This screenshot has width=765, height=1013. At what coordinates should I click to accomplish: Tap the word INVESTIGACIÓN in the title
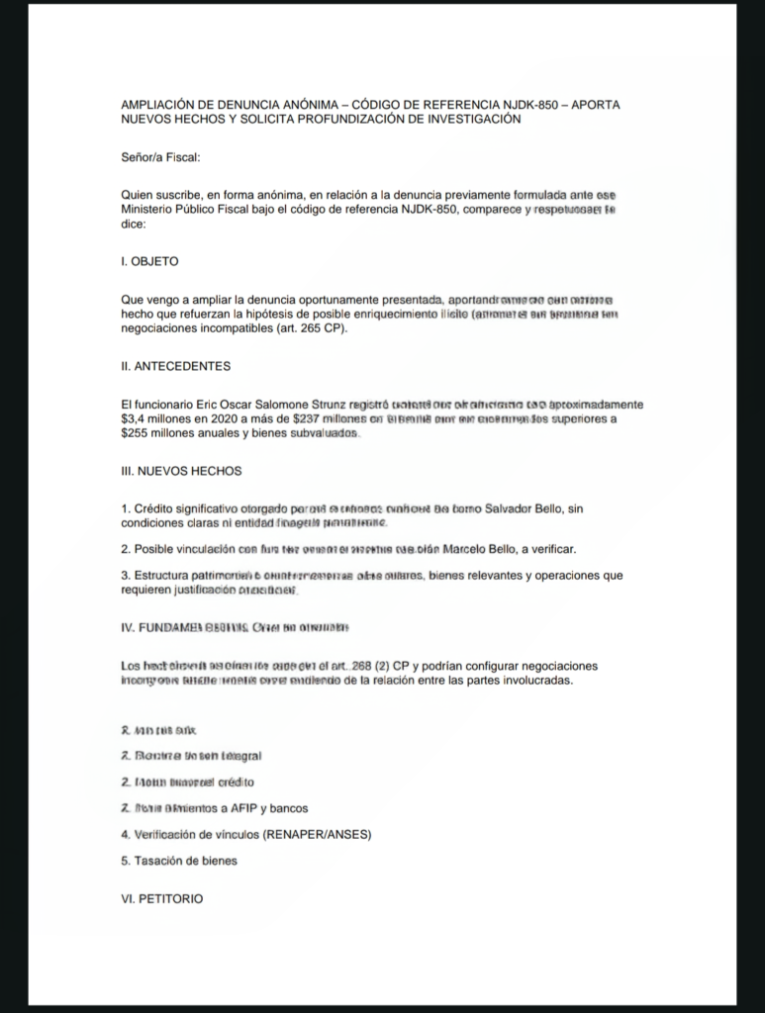pos(469,119)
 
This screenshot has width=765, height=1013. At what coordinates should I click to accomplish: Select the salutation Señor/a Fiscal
pos(160,156)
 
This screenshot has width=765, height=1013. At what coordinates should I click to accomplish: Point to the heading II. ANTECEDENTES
pos(175,366)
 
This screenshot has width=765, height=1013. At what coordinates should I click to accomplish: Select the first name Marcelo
pos(469,548)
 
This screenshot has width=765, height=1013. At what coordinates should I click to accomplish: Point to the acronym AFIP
pos(239,808)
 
